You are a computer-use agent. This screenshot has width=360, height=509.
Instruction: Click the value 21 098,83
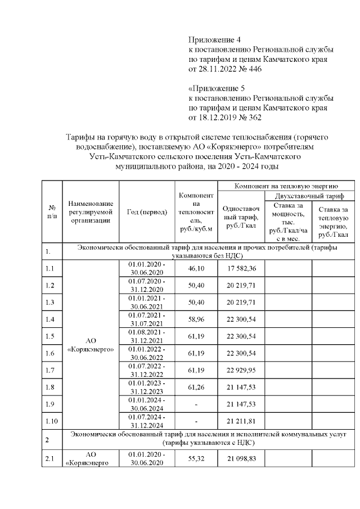(x=241, y=460)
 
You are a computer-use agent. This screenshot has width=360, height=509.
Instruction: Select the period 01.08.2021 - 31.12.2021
(x=147, y=336)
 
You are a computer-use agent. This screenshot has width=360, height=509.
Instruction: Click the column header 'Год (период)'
(x=147, y=211)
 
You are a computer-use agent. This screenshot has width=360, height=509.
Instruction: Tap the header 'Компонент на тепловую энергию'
(x=285, y=185)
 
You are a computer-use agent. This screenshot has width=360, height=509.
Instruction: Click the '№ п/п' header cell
(x=52, y=211)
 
